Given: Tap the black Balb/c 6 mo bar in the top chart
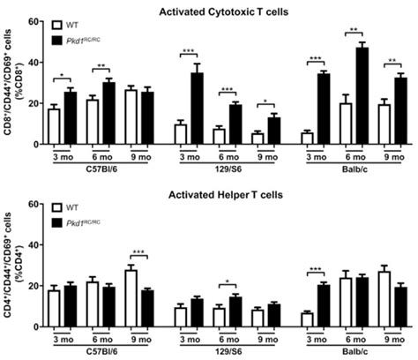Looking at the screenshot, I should (362, 96).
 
